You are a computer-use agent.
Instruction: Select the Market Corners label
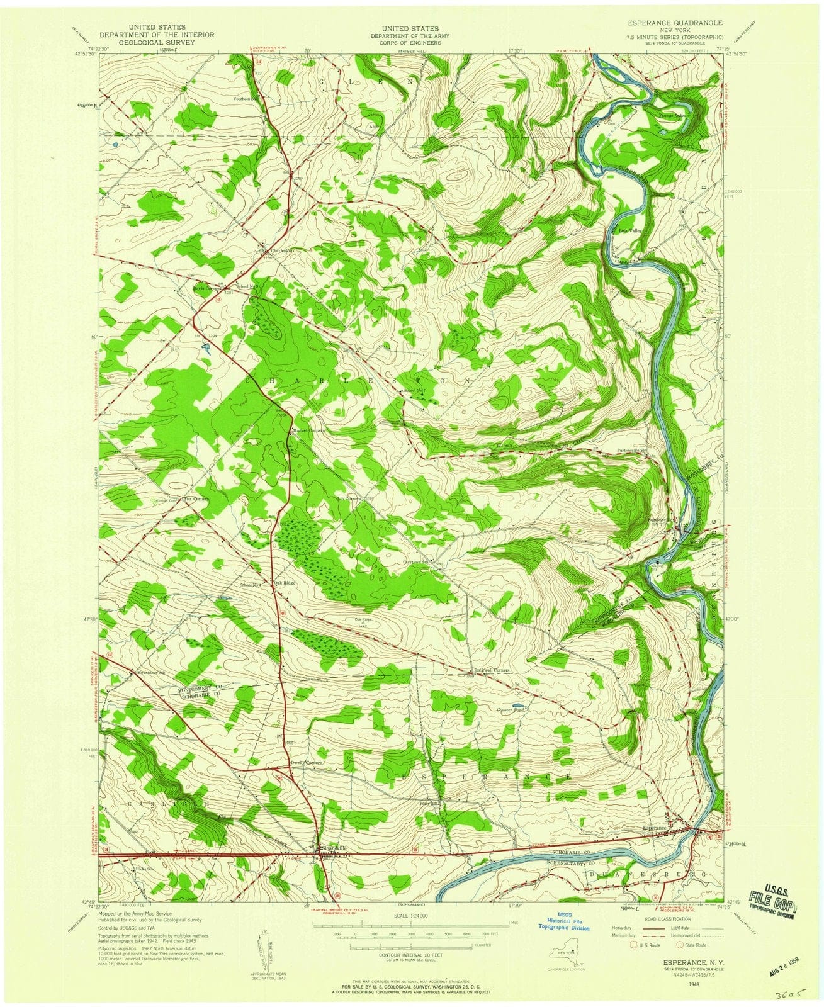(x=309, y=430)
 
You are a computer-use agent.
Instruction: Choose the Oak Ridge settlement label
(x=285, y=583)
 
